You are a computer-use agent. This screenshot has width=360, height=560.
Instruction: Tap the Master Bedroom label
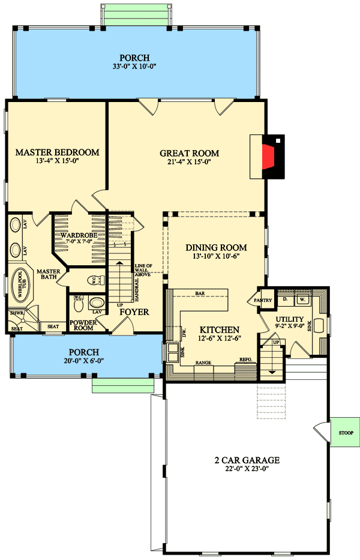57,152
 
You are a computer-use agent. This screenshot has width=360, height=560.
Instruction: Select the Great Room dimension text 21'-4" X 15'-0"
189,161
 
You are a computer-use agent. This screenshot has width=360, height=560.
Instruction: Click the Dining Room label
216,247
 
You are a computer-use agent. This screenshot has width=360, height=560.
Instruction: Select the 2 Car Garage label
248,460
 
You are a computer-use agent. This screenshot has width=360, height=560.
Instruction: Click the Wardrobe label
79,235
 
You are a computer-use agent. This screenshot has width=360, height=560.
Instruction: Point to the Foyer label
134,312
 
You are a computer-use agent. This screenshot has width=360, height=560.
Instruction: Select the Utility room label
290,319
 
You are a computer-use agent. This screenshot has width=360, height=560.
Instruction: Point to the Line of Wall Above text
144,270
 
